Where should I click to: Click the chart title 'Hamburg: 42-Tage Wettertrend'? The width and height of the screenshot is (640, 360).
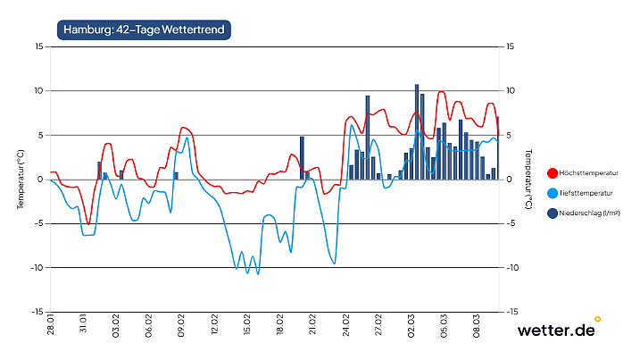[145, 29]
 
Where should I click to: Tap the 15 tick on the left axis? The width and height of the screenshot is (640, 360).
[38, 46]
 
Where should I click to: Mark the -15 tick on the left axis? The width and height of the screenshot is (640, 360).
[37, 312]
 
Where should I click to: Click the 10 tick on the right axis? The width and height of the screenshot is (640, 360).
[510, 91]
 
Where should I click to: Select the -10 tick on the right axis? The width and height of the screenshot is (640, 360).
[511, 268]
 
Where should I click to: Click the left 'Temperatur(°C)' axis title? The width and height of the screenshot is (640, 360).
[20, 179]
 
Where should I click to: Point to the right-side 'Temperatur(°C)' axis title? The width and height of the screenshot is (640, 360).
[528, 179]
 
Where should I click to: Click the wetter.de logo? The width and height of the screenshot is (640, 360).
[556, 331]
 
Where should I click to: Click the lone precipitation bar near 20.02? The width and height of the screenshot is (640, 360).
[303, 158]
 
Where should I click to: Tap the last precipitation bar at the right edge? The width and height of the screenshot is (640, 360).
[498, 147]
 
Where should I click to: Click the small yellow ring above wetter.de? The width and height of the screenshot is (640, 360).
[597, 318]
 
